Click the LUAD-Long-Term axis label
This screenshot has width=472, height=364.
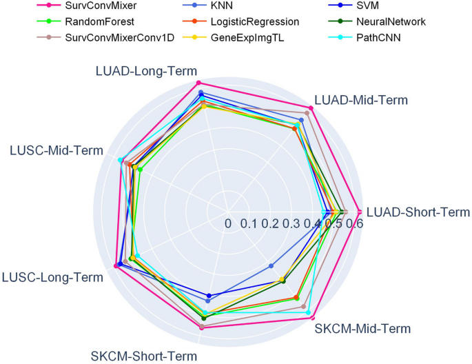pos(146,71)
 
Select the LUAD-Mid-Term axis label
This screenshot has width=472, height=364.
pos(360,99)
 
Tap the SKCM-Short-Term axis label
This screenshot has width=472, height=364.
pos(143,356)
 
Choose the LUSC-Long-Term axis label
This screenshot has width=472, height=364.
pos(53,276)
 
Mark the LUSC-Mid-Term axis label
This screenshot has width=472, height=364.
pos(57,150)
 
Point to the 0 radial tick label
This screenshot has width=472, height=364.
pos(228,223)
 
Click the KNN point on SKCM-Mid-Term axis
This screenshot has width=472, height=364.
pos(271,266)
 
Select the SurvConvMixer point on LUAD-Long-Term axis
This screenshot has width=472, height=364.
pos(199,82)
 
